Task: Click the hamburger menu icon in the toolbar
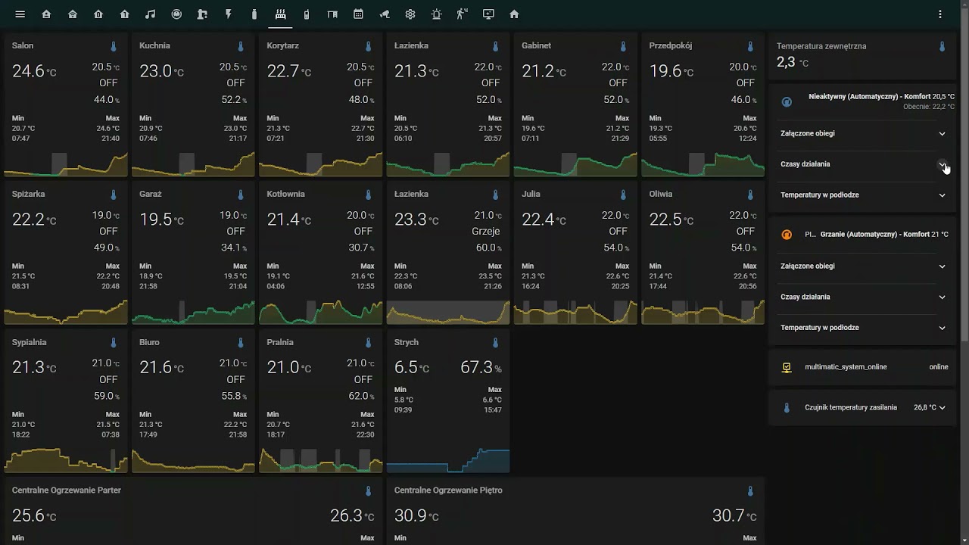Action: pos(20,14)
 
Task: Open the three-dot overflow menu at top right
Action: pos(940,14)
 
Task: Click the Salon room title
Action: pos(23,45)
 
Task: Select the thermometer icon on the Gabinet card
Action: pos(623,46)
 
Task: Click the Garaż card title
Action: pos(151,194)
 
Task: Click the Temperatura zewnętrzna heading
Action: pos(821,46)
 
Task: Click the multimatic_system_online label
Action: pos(846,367)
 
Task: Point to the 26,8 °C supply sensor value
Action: pos(924,407)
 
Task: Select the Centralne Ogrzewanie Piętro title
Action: pos(448,490)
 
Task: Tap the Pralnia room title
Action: pos(280,342)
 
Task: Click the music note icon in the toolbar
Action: pos(150,14)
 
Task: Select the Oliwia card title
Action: pos(660,194)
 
